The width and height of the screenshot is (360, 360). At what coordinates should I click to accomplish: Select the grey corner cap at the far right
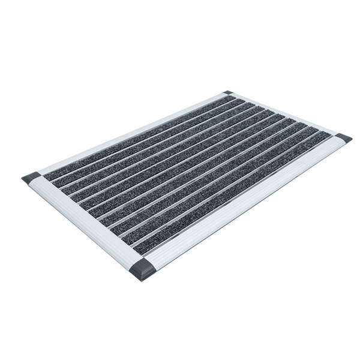coord(343,139)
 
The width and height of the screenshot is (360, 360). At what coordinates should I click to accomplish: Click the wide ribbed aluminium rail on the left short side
coord(84,222)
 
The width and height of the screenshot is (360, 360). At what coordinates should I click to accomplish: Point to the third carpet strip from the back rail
coord(158,148)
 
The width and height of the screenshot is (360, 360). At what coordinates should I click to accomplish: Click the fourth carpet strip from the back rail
coord(169,154)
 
